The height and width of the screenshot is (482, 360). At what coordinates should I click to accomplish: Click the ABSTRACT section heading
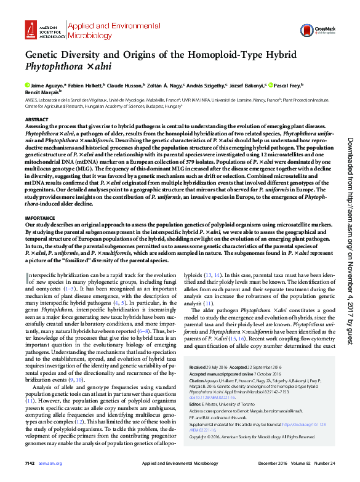coord(36,119)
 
